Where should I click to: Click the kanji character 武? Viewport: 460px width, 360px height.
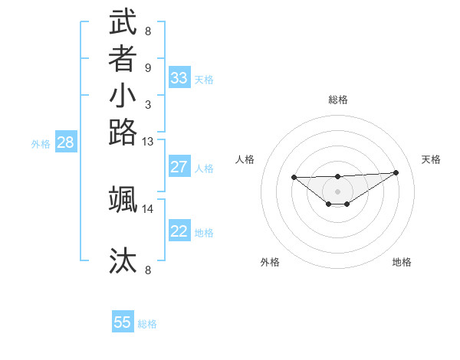123,22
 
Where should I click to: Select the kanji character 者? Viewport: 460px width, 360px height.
123,59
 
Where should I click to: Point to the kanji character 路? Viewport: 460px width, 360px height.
123,133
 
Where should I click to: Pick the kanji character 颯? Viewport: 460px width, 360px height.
123,199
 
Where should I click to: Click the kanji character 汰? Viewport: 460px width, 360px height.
123,260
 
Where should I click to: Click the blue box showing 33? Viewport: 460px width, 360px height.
179,78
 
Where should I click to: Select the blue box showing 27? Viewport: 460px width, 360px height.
179,167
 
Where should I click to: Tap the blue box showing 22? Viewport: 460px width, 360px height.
179,231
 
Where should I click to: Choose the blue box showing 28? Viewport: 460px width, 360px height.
66,142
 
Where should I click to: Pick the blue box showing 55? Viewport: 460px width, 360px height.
123,322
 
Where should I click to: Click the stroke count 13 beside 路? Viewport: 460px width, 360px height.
148,142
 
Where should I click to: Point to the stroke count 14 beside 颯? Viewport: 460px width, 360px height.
148,208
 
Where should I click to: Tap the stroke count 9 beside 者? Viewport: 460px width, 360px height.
148,67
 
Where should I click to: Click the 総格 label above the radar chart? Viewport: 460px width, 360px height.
338,100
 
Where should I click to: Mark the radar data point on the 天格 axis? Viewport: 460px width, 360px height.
396,172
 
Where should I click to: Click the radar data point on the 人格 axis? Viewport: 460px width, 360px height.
294,178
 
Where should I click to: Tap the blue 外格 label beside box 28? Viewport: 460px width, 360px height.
41,143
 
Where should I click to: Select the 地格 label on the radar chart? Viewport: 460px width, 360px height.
402,263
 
